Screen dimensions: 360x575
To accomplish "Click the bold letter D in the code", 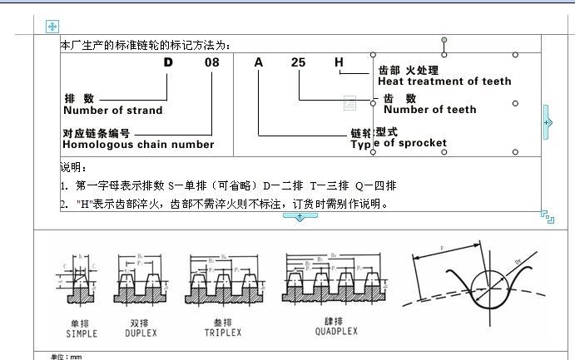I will pyautogui.click(x=169, y=62).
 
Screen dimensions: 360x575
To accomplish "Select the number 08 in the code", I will pyautogui.click(x=212, y=62).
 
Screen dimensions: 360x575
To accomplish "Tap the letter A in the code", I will pyautogui.click(x=259, y=62).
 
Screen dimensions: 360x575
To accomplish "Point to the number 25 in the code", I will pyautogui.click(x=300, y=62).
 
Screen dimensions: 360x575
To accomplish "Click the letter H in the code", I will pyautogui.click(x=339, y=62).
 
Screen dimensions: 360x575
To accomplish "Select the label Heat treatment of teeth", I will pyautogui.click(x=444, y=81).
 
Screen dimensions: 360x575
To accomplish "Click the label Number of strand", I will pyautogui.click(x=113, y=110).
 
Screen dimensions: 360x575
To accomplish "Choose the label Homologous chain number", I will pyautogui.click(x=139, y=145).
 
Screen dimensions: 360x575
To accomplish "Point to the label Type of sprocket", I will pyautogui.click(x=399, y=143).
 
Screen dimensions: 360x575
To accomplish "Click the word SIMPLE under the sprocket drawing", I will pyautogui.click(x=81, y=333).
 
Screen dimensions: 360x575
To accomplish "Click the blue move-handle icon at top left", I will pyautogui.click(x=52, y=27).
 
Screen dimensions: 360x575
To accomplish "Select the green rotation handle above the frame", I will pyautogui.click(x=444, y=40).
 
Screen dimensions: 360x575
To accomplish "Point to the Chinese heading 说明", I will pyautogui.click(x=73, y=167).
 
